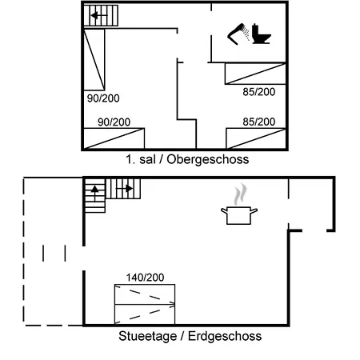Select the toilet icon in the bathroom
(x=260, y=34)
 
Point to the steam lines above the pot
(x=239, y=194)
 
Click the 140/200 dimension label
(x=145, y=277)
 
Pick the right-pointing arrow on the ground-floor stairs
(x=125, y=190)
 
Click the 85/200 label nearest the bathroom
(x=259, y=91)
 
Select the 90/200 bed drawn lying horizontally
(x=114, y=138)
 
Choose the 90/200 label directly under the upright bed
(x=102, y=98)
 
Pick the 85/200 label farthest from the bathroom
(x=259, y=122)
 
